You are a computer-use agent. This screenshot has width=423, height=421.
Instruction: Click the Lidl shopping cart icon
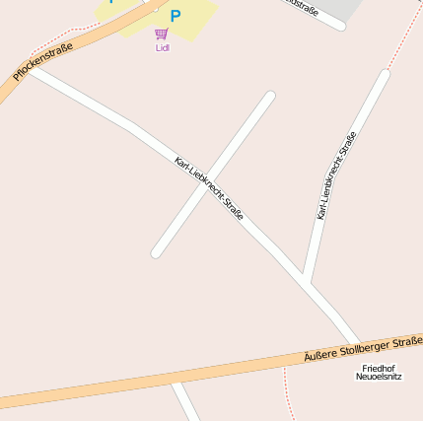[162, 34]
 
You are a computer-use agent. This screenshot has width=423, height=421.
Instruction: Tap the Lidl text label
[163, 47]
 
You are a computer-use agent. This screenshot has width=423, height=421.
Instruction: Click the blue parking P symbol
[176, 15]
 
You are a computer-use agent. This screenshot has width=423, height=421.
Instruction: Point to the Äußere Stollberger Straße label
[363, 348]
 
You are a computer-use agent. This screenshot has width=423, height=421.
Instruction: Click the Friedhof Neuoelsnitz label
[379, 372]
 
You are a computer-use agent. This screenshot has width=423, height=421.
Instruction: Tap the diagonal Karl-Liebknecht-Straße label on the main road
[209, 187]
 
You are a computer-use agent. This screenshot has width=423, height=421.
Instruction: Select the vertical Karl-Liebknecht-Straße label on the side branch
[336, 175]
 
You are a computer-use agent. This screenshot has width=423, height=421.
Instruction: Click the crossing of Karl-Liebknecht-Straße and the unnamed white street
[208, 180]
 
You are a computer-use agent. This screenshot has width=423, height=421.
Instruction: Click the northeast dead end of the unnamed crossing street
[269, 96]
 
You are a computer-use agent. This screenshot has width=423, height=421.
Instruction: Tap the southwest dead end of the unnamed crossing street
[156, 253]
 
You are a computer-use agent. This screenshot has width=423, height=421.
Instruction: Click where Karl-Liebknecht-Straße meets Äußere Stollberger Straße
[355, 343]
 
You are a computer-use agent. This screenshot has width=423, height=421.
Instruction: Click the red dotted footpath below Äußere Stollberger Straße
[288, 394]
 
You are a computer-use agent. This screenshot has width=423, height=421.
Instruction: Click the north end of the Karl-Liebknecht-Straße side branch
[384, 74]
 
